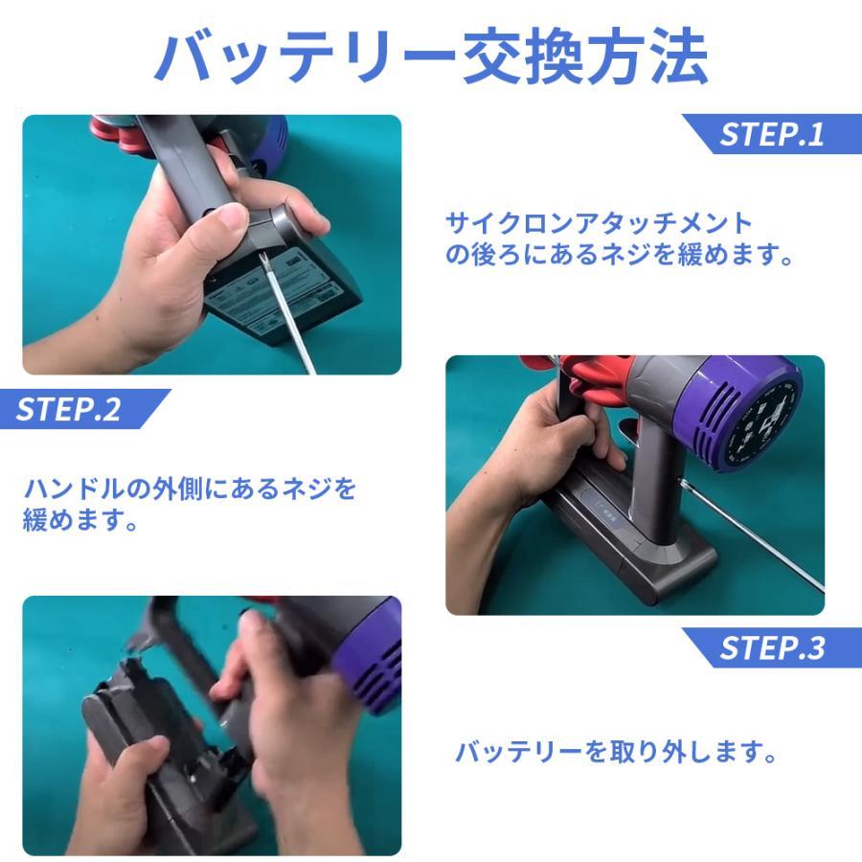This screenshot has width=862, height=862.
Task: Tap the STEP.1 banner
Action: pos(771,133)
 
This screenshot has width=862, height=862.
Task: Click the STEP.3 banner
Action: pos(771,647)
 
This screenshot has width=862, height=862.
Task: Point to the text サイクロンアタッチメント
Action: pos(600,223)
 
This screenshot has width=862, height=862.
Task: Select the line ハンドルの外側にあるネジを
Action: pos(190,489)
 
